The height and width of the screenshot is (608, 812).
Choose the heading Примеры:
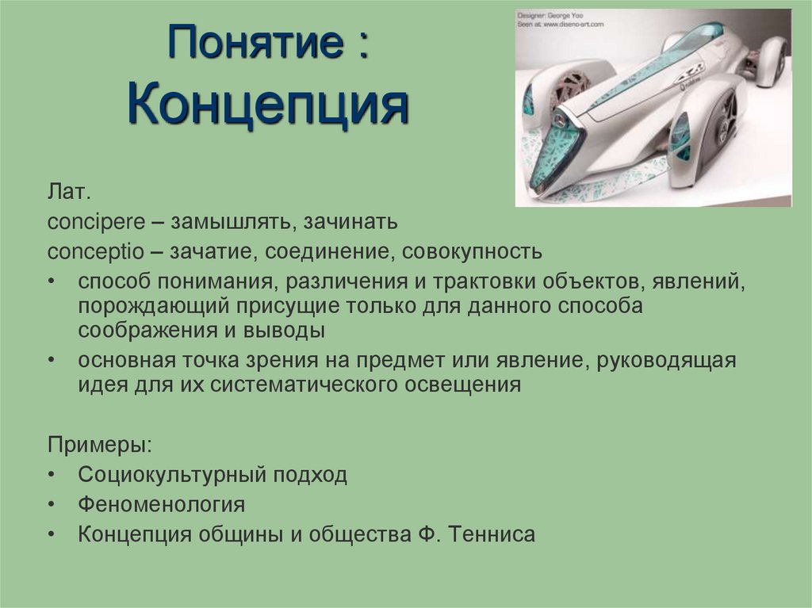point(99,445)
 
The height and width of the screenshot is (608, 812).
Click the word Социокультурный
point(174,475)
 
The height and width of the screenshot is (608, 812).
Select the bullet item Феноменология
point(161,504)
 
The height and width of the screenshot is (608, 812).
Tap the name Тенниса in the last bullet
point(492,533)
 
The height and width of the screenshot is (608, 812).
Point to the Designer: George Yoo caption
point(558,14)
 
